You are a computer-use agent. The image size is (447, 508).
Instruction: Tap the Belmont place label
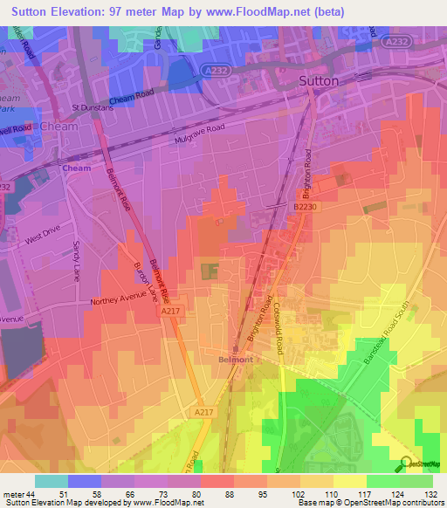pyautogui.click(x=235, y=359)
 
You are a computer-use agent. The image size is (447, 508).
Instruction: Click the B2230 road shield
pyautogui.click(x=303, y=207)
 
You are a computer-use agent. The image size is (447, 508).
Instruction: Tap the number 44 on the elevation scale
pyautogui.click(x=32, y=495)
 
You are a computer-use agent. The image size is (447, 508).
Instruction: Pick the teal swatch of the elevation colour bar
pyautogui.click(x=51, y=481)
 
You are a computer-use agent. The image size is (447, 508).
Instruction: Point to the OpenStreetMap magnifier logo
pyautogui.click(x=407, y=463)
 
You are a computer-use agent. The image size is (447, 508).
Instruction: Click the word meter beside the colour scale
pyautogui.click(x=13, y=495)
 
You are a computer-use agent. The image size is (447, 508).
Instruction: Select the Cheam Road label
pyautogui.click(x=131, y=99)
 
